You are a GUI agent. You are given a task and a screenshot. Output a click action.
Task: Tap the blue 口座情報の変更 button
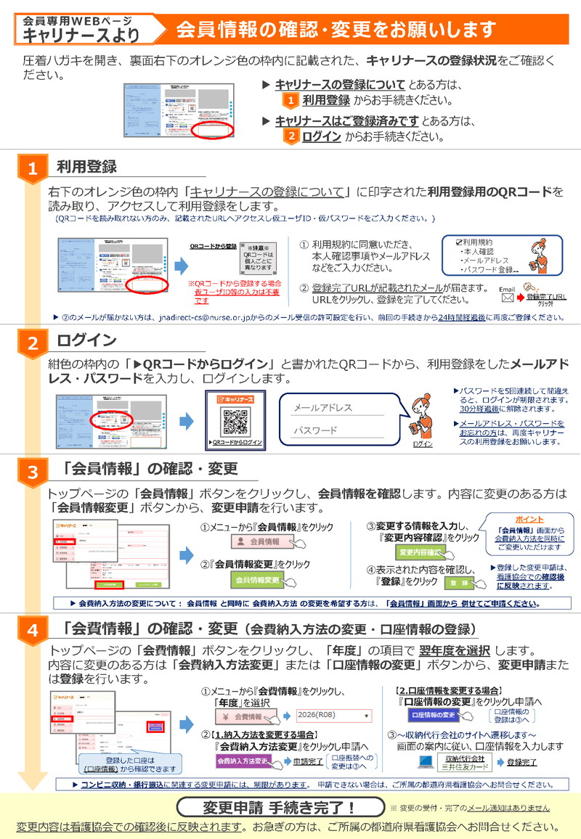click(x=436, y=715)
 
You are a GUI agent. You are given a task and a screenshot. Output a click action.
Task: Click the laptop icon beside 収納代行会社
click(x=426, y=761)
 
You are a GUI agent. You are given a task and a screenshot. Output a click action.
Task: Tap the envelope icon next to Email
click(x=507, y=298)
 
